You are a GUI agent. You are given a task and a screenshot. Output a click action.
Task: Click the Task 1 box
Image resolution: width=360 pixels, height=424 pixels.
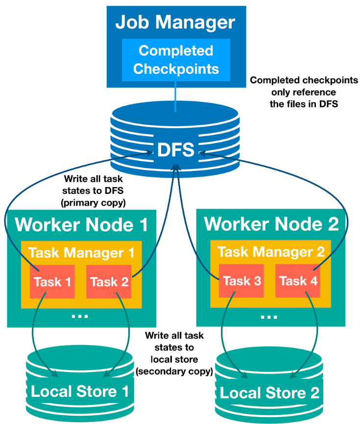coord(52,282)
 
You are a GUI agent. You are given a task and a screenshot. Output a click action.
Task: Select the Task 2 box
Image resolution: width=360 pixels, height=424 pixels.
coord(108,282)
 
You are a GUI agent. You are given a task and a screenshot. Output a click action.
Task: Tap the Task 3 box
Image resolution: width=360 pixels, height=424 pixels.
coord(241,281)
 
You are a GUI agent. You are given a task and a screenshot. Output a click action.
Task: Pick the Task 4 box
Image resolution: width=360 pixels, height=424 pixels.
coord(297,281)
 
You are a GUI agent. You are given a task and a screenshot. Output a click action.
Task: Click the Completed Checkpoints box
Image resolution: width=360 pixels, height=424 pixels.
coord(176,60)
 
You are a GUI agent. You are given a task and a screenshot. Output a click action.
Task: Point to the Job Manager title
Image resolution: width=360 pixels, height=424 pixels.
coord(175,23)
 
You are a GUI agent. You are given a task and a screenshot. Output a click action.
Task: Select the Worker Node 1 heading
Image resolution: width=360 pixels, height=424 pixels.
coord(81,225)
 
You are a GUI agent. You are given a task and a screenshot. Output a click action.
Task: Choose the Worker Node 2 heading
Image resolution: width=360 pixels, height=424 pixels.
coord(271,224)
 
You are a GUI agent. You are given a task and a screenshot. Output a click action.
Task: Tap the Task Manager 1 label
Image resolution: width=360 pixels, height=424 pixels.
coord(81,253)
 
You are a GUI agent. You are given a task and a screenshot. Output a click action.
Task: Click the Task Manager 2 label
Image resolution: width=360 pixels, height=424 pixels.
coord(271,252)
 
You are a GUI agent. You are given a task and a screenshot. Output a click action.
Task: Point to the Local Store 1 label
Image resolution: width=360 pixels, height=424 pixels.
coord(80,392)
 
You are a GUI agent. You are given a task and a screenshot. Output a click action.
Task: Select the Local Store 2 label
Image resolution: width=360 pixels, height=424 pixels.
coord(269,393)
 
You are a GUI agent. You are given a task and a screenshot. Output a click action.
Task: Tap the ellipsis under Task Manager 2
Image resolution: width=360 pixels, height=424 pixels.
coord(269,316)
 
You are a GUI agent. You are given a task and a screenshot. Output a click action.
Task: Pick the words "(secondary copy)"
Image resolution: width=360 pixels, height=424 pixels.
coord(174,371)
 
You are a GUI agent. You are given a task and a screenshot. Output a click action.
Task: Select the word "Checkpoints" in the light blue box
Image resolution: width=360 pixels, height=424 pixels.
coord(175,69)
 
